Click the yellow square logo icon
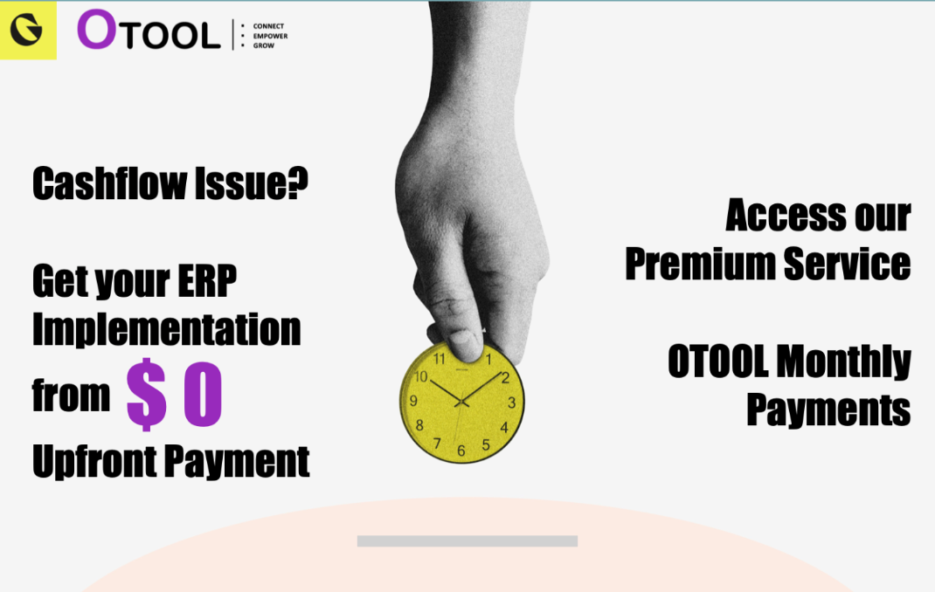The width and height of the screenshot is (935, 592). [x=27, y=31]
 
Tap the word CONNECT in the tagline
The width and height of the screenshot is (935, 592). [x=268, y=26]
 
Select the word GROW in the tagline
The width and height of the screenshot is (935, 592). [x=263, y=45]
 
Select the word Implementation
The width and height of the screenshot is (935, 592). [x=166, y=329]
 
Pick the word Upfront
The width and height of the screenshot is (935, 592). [x=94, y=460]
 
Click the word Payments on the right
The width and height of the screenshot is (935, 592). [x=828, y=409]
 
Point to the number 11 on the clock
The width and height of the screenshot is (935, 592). [x=440, y=358]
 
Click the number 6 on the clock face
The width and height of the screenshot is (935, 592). [x=461, y=451]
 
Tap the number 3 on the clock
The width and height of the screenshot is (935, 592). [x=512, y=403]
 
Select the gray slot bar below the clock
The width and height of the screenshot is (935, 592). [x=467, y=541]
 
